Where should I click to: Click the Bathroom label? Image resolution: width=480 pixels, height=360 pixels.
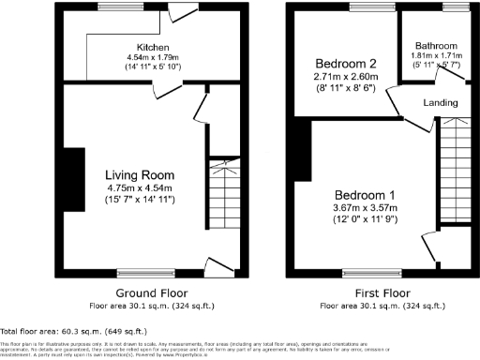point(437,45)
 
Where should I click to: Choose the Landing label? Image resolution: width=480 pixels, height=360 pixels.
point(441,101)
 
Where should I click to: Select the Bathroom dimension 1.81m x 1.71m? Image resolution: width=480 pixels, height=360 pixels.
point(437,55)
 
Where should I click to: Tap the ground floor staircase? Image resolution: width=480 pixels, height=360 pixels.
point(223,197)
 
